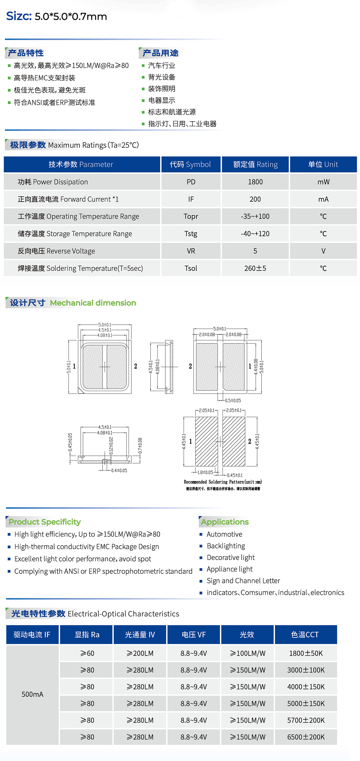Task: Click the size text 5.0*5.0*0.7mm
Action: (x=71, y=16)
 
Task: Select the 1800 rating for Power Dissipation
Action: (x=255, y=182)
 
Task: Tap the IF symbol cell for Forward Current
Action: (x=191, y=199)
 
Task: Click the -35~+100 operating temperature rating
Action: (x=255, y=216)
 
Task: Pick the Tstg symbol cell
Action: (x=191, y=234)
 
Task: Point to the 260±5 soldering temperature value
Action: (x=255, y=268)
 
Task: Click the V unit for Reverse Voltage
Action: (x=323, y=251)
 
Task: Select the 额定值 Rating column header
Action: (x=255, y=164)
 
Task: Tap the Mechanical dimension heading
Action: (x=93, y=303)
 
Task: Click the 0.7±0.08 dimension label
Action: (x=140, y=445)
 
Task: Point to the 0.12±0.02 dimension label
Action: (x=111, y=446)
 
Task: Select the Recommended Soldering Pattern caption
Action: (x=223, y=482)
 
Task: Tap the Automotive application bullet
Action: (x=224, y=534)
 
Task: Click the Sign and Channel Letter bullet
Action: (x=243, y=580)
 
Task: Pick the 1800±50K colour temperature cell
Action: (x=306, y=653)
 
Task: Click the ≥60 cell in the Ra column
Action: (x=87, y=653)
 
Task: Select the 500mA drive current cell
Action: (x=33, y=694)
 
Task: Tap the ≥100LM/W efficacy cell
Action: (x=247, y=653)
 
